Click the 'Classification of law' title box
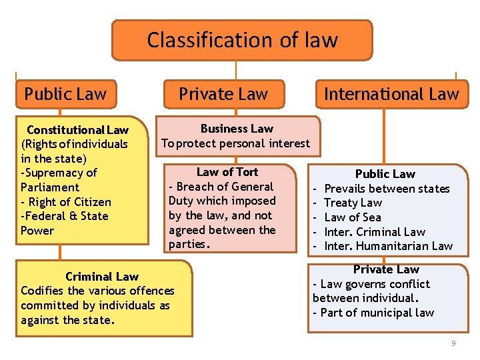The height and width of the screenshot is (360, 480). pos(242,40)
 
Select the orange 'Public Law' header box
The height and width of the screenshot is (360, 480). pos(65,94)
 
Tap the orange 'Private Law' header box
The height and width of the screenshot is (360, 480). pos(223,94)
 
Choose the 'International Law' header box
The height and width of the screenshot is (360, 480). pos(391,94)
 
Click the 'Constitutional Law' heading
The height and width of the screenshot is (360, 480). pos(77,129)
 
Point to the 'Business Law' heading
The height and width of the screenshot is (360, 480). pos(237,128)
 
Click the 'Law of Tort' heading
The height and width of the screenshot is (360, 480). pos(227,172)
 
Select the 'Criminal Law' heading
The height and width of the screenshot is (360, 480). pos(102,276)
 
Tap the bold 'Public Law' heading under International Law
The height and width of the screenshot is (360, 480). pos(385,174)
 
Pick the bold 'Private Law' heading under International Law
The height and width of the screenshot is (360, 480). pos(386,269)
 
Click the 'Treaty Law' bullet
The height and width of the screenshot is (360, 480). pos(353,203)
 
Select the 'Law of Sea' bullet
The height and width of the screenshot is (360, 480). pos(353,217)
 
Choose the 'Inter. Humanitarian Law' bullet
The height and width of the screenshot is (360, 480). pos(388,246)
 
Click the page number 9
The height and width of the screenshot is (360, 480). pos(453,343)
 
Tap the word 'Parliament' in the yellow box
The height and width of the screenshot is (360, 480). pos(50,187)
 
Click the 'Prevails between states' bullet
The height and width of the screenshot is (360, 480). pos(387,189)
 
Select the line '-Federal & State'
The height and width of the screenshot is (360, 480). pos(65,216)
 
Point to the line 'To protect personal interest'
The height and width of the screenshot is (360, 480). pos(236,143)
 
